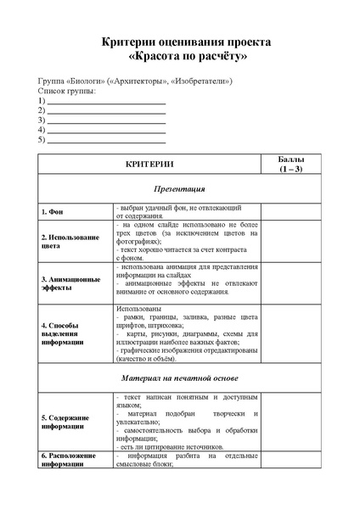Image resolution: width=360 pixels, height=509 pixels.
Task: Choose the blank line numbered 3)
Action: [106, 120]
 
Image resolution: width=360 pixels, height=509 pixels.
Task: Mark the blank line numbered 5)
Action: [106, 139]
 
